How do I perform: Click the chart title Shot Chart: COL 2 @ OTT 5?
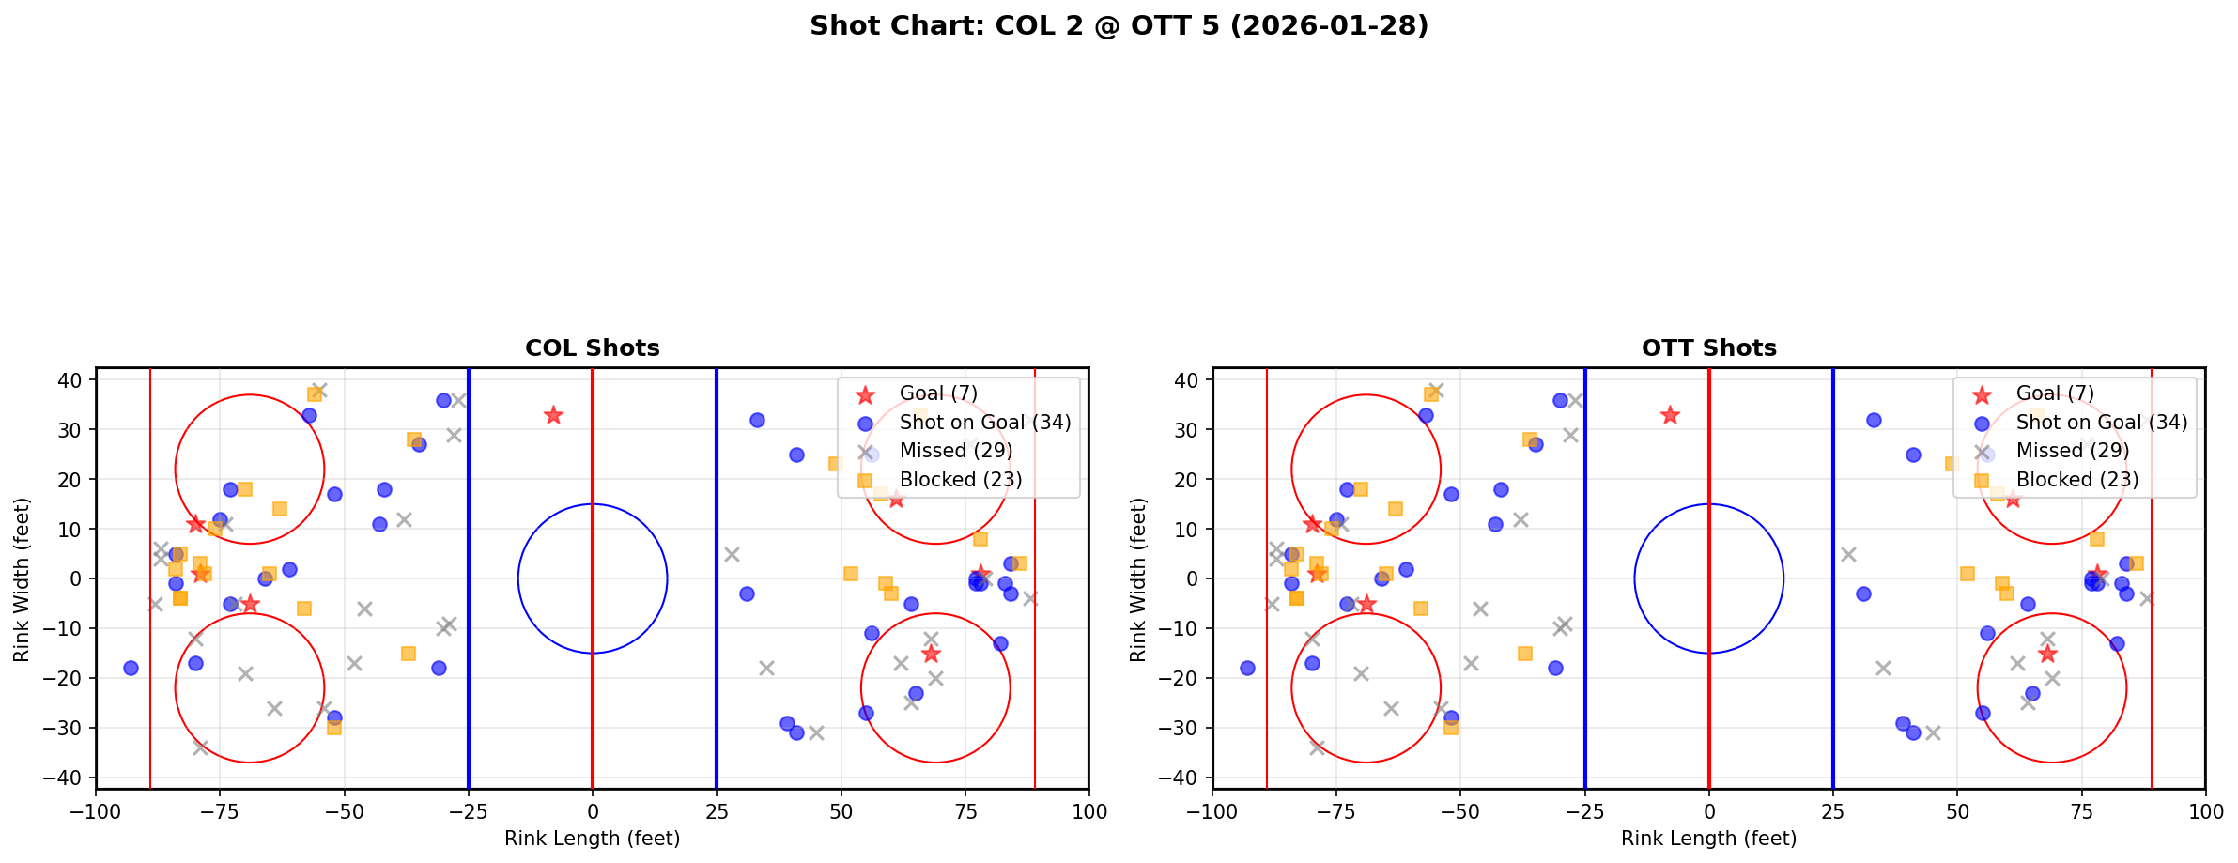(1119, 26)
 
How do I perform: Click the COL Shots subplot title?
(592, 348)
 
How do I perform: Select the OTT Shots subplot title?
(1708, 348)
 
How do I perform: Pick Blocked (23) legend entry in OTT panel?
(2076, 480)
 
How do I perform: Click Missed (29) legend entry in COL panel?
(955, 451)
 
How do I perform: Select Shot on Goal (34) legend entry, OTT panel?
(2101, 423)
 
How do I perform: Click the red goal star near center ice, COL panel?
(553, 415)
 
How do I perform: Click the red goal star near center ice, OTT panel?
(1669, 415)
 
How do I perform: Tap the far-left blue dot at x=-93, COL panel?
(131, 668)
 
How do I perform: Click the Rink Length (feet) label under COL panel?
(592, 839)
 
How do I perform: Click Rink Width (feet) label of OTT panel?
(1138, 579)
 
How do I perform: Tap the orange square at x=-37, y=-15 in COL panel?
(409, 654)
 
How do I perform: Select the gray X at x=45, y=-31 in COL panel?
(816, 732)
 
